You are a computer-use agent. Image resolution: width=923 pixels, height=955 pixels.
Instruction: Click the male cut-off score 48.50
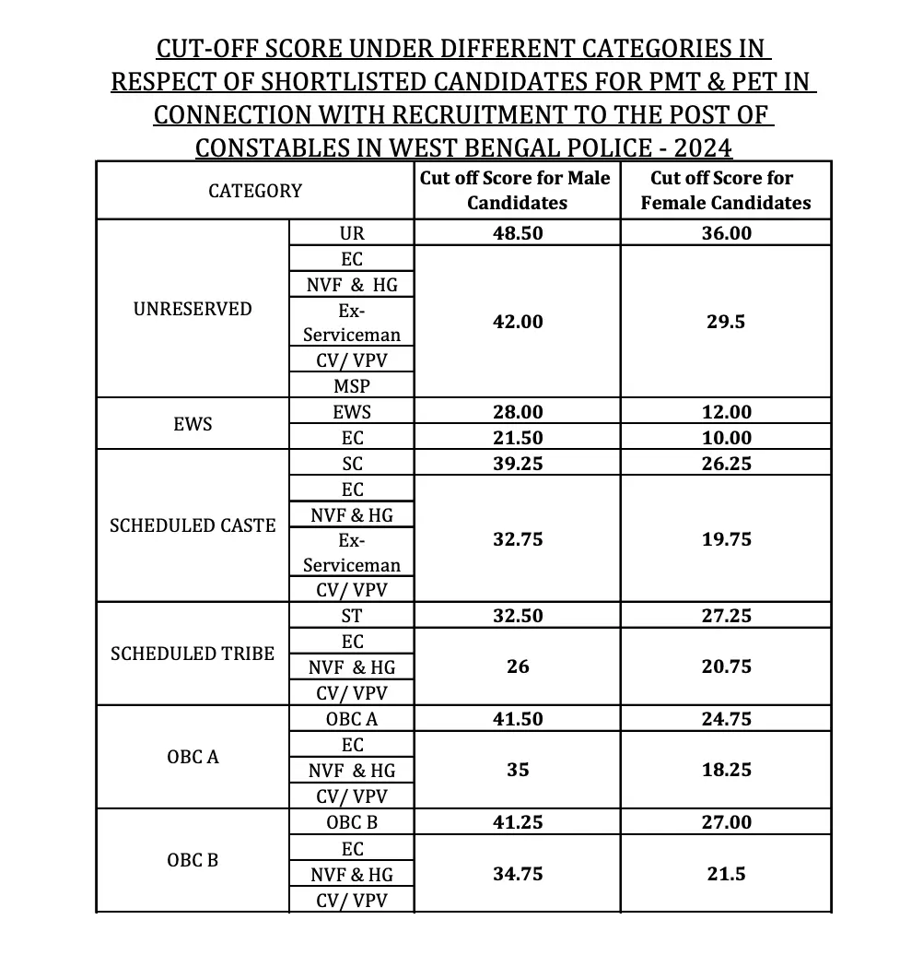pyautogui.click(x=518, y=233)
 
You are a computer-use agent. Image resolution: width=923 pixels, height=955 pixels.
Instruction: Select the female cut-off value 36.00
pyautogui.click(x=726, y=233)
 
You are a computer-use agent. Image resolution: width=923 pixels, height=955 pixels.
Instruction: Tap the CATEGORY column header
pyautogui.click(x=255, y=191)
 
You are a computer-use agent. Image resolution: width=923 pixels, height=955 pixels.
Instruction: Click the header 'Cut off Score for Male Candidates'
pyautogui.click(x=516, y=190)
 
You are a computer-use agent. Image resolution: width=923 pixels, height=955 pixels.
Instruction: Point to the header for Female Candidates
pyautogui.click(x=726, y=190)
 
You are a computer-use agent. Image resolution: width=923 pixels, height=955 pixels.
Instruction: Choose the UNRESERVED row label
pyautogui.click(x=193, y=309)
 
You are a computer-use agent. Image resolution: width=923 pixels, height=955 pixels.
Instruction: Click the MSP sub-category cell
pyautogui.click(x=351, y=385)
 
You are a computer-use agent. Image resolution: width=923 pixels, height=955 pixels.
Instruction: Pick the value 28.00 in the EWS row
pyautogui.click(x=518, y=412)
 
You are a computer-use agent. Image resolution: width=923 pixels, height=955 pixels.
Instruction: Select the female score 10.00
pyautogui.click(x=726, y=438)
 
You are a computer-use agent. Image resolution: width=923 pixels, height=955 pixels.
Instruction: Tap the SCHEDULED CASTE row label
pyautogui.click(x=193, y=525)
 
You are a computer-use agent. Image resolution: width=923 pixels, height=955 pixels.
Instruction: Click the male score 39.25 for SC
pyautogui.click(x=518, y=464)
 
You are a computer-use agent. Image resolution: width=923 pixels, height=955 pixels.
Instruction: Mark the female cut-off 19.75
pyautogui.click(x=726, y=539)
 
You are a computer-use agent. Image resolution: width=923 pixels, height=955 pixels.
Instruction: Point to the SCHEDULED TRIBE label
pyautogui.click(x=193, y=654)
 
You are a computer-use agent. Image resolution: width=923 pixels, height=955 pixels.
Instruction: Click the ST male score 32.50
pyautogui.click(x=518, y=616)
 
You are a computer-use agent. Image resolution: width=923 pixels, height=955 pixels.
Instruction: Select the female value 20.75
pyautogui.click(x=726, y=666)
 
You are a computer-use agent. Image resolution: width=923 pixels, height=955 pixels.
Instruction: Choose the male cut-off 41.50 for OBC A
pyautogui.click(x=518, y=719)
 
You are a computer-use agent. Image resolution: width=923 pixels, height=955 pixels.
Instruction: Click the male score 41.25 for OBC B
pyautogui.click(x=518, y=822)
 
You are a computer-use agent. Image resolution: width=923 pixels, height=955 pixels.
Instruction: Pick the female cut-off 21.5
pyautogui.click(x=726, y=873)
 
